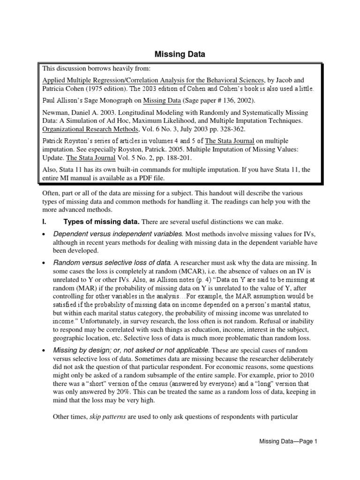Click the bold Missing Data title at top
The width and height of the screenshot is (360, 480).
pyautogui.click(x=180, y=55)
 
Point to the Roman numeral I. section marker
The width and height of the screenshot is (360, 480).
pyautogui.click(x=44, y=221)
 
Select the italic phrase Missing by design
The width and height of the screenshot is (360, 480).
pyautogui.click(x=80, y=350)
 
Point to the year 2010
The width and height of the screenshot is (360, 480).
pyautogui.click(x=307, y=375)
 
